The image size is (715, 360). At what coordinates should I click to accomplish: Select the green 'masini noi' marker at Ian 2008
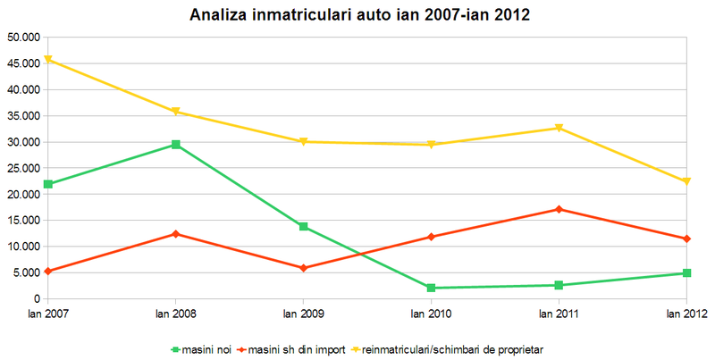tap(175, 144)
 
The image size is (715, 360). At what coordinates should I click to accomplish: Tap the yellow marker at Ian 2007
tap(48, 60)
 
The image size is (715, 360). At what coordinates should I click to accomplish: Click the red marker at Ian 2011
tap(559, 209)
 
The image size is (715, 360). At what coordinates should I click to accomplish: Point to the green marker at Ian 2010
tap(431, 288)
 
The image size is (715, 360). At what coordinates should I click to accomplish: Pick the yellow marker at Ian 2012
tap(686, 181)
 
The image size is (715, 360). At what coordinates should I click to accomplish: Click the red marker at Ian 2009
tap(303, 268)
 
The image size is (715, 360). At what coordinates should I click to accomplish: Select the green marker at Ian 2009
tap(303, 227)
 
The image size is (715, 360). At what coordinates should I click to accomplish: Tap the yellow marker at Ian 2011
tap(559, 128)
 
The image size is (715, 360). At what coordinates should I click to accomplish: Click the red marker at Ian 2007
tap(48, 271)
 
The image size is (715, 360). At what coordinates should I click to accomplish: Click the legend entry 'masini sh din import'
tap(295, 348)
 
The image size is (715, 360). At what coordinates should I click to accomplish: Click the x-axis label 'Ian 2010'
tap(431, 314)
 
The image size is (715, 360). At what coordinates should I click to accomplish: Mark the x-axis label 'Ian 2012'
tap(686, 314)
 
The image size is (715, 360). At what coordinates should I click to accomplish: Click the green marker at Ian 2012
tap(686, 273)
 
